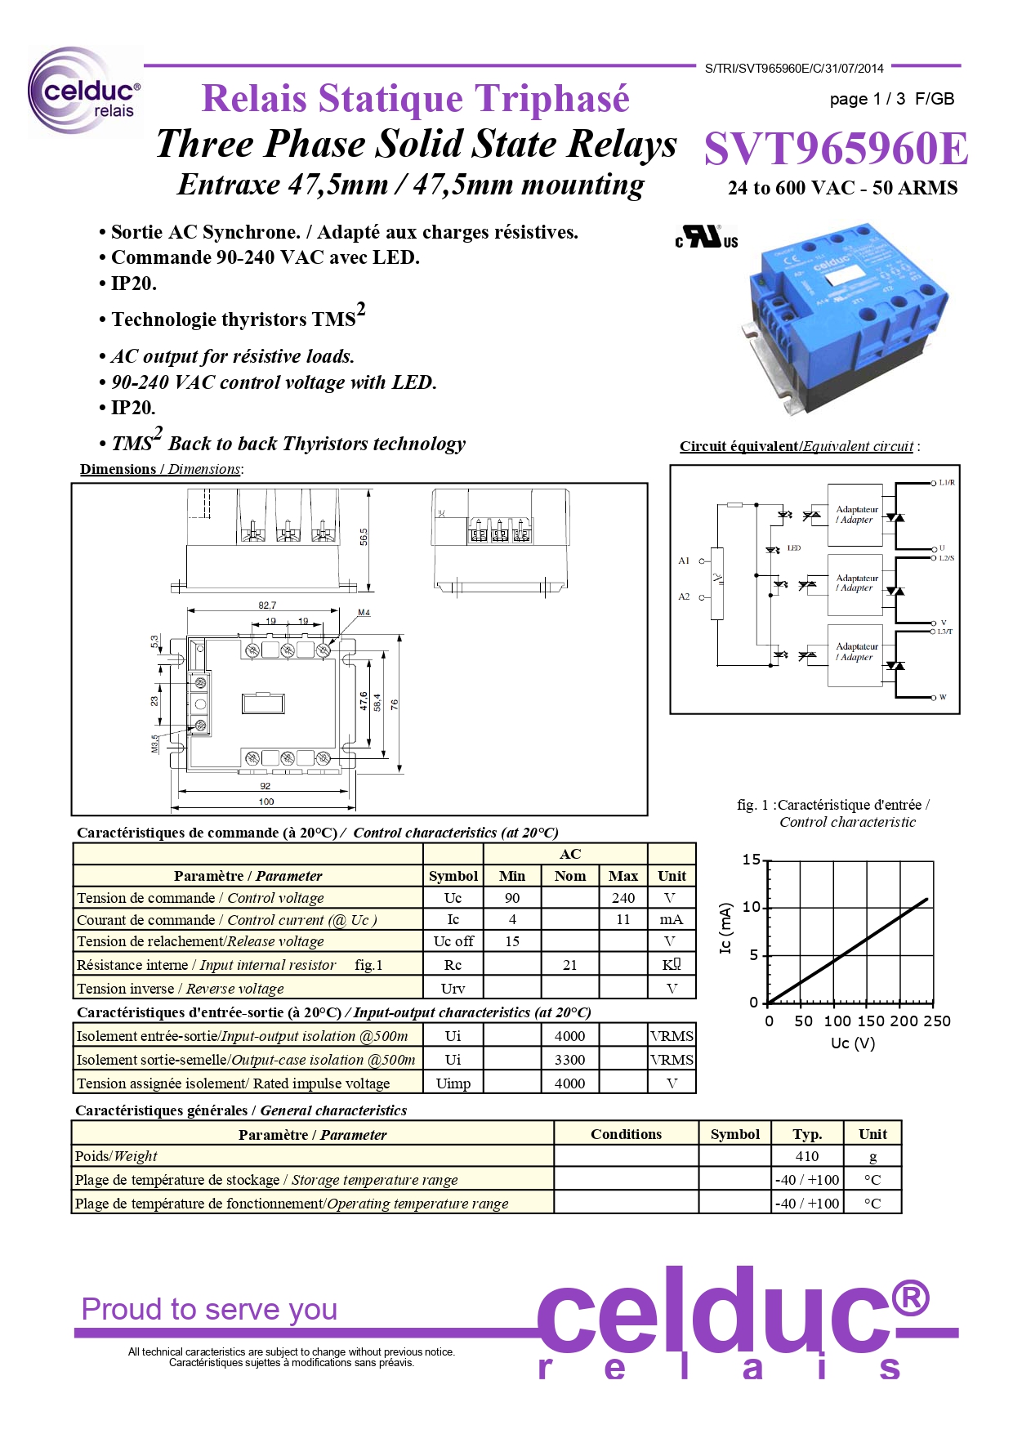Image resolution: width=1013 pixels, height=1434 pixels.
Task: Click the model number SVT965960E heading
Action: pos(836,149)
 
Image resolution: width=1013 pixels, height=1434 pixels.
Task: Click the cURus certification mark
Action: pos(707,237)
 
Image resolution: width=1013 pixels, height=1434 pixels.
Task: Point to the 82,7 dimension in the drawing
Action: pos(267,605)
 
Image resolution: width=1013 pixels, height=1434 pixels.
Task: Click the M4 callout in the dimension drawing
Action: pos(364,612)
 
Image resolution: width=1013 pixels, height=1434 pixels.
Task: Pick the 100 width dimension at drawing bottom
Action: pos(266,802)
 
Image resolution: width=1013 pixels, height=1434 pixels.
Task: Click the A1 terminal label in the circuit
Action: pos(684,561)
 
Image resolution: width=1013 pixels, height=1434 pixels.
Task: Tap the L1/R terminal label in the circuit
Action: pos(947,483)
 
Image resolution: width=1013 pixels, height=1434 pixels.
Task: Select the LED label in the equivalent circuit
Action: pos(794,548)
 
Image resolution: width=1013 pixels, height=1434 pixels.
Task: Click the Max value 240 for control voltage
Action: pos(623,898)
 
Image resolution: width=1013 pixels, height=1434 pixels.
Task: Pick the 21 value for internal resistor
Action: pos(569,965)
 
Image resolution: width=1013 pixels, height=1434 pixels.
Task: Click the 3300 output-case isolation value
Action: pos(569,1060)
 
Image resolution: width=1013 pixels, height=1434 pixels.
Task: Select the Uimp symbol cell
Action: pos(453,1083)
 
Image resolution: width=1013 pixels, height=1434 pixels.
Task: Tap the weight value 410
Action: pos(806,1156)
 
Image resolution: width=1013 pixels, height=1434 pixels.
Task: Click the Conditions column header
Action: pos(626,1134)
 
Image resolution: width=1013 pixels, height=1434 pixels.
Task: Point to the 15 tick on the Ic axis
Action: pos(751,860)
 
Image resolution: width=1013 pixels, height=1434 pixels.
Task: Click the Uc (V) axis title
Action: pos(852,1043)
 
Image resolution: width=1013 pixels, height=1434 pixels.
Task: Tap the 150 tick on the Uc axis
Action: pos(871,1021)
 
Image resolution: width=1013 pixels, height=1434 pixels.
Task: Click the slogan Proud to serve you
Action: pos(209,1309)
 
